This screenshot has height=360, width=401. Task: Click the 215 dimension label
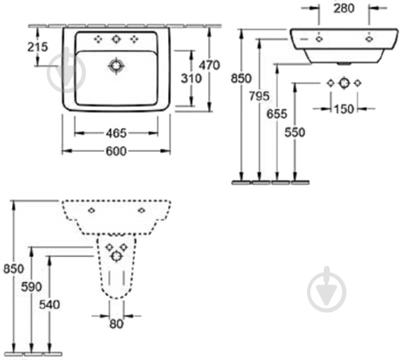point(38,47)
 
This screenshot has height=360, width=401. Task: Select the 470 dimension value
point(209,65)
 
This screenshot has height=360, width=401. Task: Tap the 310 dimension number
point(191,79)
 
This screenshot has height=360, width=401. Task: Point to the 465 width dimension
point(116,133)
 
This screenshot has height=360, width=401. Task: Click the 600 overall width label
point(116,151)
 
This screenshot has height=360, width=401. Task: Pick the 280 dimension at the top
point(344,8)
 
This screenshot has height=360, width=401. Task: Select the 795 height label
point(260,96)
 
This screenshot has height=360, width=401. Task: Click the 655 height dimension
point(276,114)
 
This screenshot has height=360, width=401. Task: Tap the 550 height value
point(295,132)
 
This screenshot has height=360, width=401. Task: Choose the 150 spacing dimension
point(344,109)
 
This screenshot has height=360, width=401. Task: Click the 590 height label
point(31,287)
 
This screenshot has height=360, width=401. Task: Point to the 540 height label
point(50,305)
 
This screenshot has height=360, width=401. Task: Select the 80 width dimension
point(117,324)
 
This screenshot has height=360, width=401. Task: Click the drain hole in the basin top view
point(116,66)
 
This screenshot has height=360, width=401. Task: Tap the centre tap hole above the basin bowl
point(116,39)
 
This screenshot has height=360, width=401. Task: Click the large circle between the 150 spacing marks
point(344,83)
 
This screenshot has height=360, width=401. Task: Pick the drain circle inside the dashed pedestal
point(117,256)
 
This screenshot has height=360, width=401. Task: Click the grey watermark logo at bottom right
point(326,290)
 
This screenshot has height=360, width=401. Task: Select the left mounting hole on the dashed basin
point(92,211)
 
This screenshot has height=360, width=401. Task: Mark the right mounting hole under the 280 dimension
point(369,39)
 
